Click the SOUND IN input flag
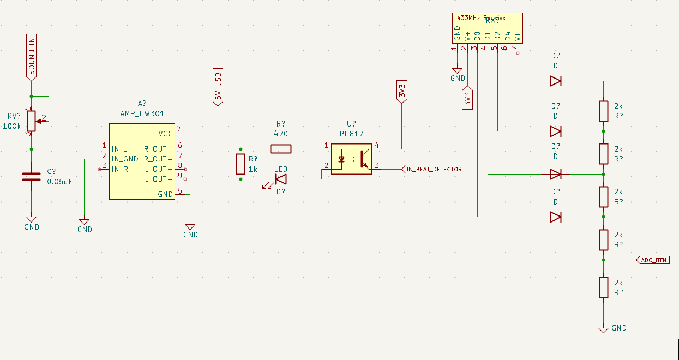coord(32,56)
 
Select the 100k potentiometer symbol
coord(32,121)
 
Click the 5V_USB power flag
coord(218,87)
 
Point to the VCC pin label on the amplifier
coord(165,134)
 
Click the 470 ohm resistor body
coord(281,148)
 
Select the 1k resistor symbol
coord(241,164)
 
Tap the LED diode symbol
coord(281,178)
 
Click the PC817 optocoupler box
coord(351,159)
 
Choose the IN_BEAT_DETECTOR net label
coord(434,169)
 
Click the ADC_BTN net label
coord(653,260)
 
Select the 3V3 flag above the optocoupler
coord(402,91)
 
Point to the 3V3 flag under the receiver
coord(467,98)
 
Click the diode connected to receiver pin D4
coord(556,81)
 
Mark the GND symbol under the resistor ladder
coord(604,329)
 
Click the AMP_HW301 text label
coord(142,114)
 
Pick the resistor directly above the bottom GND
coord(604,287)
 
